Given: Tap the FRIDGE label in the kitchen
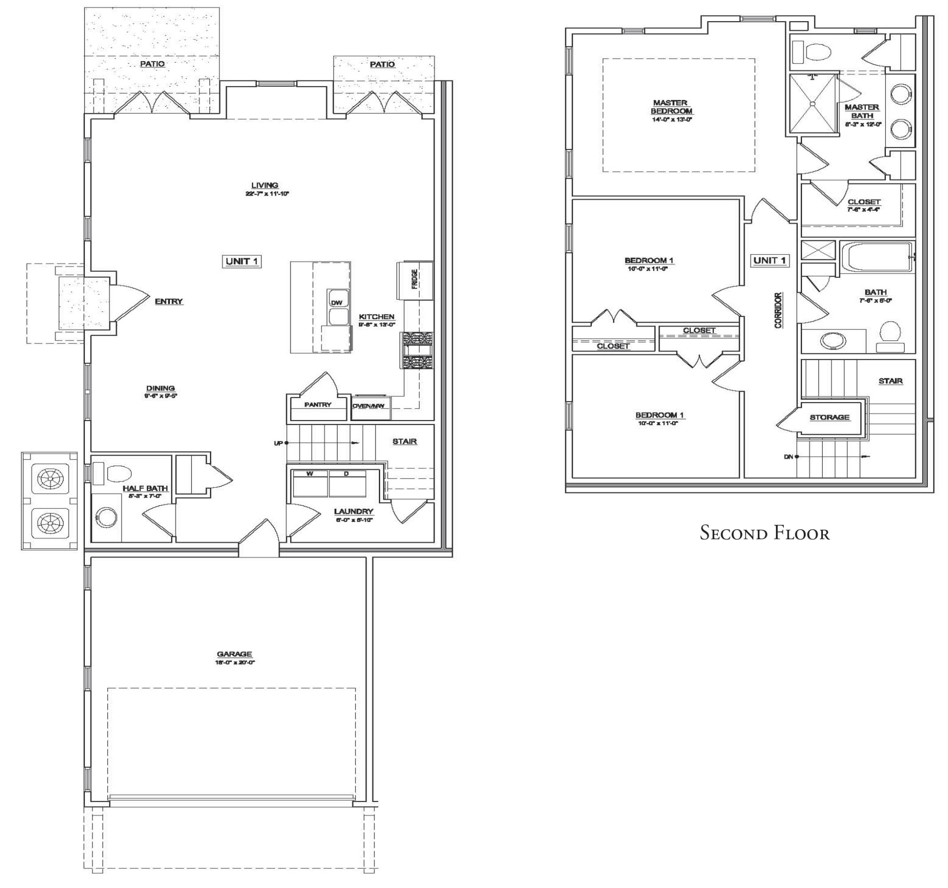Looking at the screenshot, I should point(414,279).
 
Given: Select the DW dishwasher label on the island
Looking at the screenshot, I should point(337,302).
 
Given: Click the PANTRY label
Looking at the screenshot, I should point(318,404).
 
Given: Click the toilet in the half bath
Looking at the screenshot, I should point(117,474).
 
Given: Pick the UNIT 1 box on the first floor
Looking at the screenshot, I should point(242,261).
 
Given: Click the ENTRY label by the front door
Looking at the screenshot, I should point(169,301).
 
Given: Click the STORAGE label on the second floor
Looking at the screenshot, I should point(829,417).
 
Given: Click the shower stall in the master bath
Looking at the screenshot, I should point(813,103).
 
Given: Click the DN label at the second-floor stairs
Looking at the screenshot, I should point(788,456).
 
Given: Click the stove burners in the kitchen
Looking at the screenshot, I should point(417,350).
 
